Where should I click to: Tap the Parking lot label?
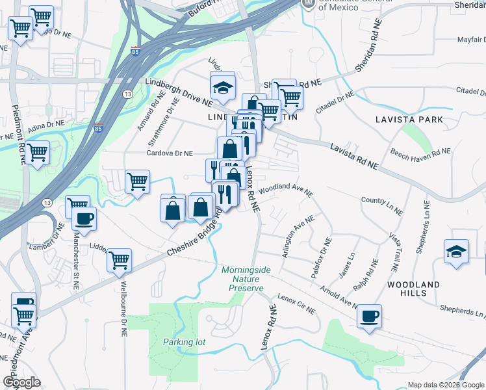pyautogui.click(x=179, y=342)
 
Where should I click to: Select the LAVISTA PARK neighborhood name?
pyautogui.click(x=409, y=120)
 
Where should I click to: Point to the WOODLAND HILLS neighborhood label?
pyautogui.click(x=413, y=289)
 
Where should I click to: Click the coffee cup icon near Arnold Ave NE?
pyautogui.click(x=370, y=317)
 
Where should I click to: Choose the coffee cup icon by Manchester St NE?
pyautogui.click(x=84, y=218)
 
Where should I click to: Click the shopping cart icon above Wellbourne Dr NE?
pyautogui.click(x=119, y=260)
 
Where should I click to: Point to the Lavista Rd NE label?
pyautogui.click(x=353, y=157)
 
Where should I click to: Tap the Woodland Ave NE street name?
pyautogui.click(x=286, y=191)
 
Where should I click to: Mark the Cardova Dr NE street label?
pyautogui.click(x=170, y=154)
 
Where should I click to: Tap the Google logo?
pyautogui.click(x=21, y=382)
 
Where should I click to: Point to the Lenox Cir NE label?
pyautogui.click(x=295, y=300)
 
